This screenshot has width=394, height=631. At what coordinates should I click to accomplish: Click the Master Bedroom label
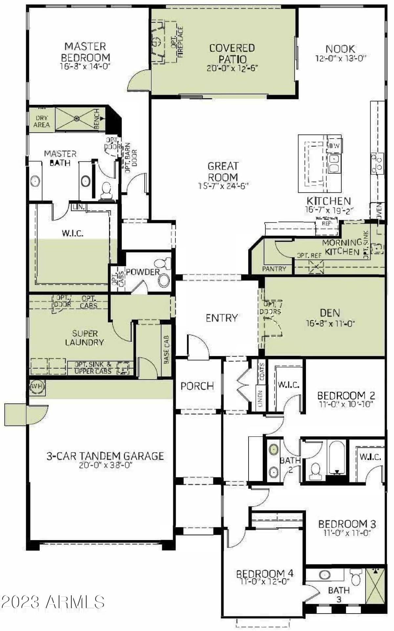coord(85,52)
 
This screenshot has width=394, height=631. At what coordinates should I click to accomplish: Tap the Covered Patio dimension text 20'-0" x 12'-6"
coord(232,68)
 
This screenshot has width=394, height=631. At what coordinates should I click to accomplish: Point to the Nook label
coord(340,49)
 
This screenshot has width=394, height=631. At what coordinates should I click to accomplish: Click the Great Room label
coord(223,171)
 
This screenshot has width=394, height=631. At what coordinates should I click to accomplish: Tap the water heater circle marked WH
coord(37,386)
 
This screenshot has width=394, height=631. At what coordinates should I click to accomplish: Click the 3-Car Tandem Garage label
coord(105,456)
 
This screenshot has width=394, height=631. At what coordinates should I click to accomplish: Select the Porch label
coord(197,386)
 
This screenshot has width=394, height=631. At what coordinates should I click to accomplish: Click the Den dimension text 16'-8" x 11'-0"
coord(330,324)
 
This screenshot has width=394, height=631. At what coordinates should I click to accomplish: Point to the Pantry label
coord(274,269)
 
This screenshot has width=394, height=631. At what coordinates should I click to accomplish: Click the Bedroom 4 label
coord(265,574)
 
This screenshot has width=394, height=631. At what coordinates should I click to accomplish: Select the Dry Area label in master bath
coord(41,121)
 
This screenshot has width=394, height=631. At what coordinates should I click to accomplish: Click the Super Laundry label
coord(84,338)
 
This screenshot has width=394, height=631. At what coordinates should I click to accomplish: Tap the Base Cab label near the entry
coord(166,350)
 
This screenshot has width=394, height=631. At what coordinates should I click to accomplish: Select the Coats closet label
coord(262,372)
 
